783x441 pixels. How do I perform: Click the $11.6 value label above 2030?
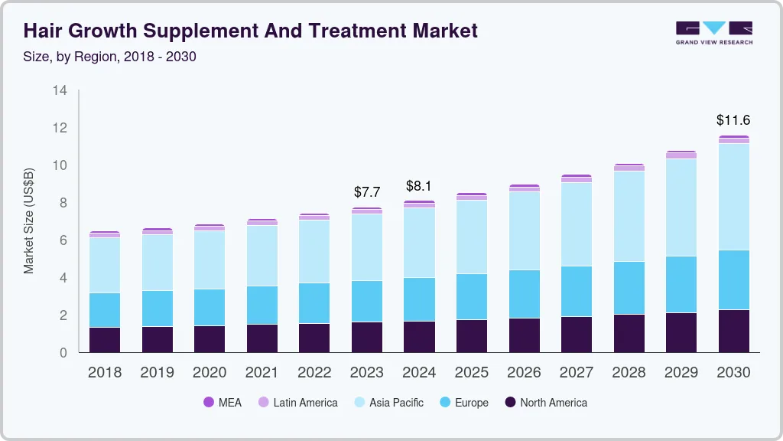pyautogui.click(x=733, y=120)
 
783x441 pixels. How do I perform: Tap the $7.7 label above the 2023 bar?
pyautogui.click(x=367, y=192)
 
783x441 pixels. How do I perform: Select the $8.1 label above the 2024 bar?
pyautogui.click(x=419, y=185)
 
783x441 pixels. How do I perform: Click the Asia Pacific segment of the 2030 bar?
pyautogui.click(x=733, y=197)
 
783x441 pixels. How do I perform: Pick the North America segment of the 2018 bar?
pyautogui.click(x=105, y=340)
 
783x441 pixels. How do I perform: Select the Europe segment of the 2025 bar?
pyautogui.click(x=472, y=296)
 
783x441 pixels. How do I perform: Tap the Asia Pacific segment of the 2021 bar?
pyautogui.click(x=262, y=256)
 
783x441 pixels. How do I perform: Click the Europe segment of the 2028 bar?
pyautogui.click(x=629, y=288)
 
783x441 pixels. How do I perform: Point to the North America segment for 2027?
pyautogui.click(x=577, y=335)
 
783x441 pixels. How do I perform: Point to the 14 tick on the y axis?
pyautogui.click(x=60, y=90)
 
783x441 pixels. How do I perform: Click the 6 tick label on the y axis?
pyautogui.click(x=63, y=240)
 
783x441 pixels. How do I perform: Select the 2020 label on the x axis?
pyautogui.click(x=210, y=373)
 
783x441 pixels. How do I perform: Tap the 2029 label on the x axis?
pyautogui.click(x=681, y=373)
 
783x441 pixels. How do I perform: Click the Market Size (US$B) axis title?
pyautogui.click(x=29, y=220)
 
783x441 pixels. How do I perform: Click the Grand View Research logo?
pyautogui.click(x=713, y=32)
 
